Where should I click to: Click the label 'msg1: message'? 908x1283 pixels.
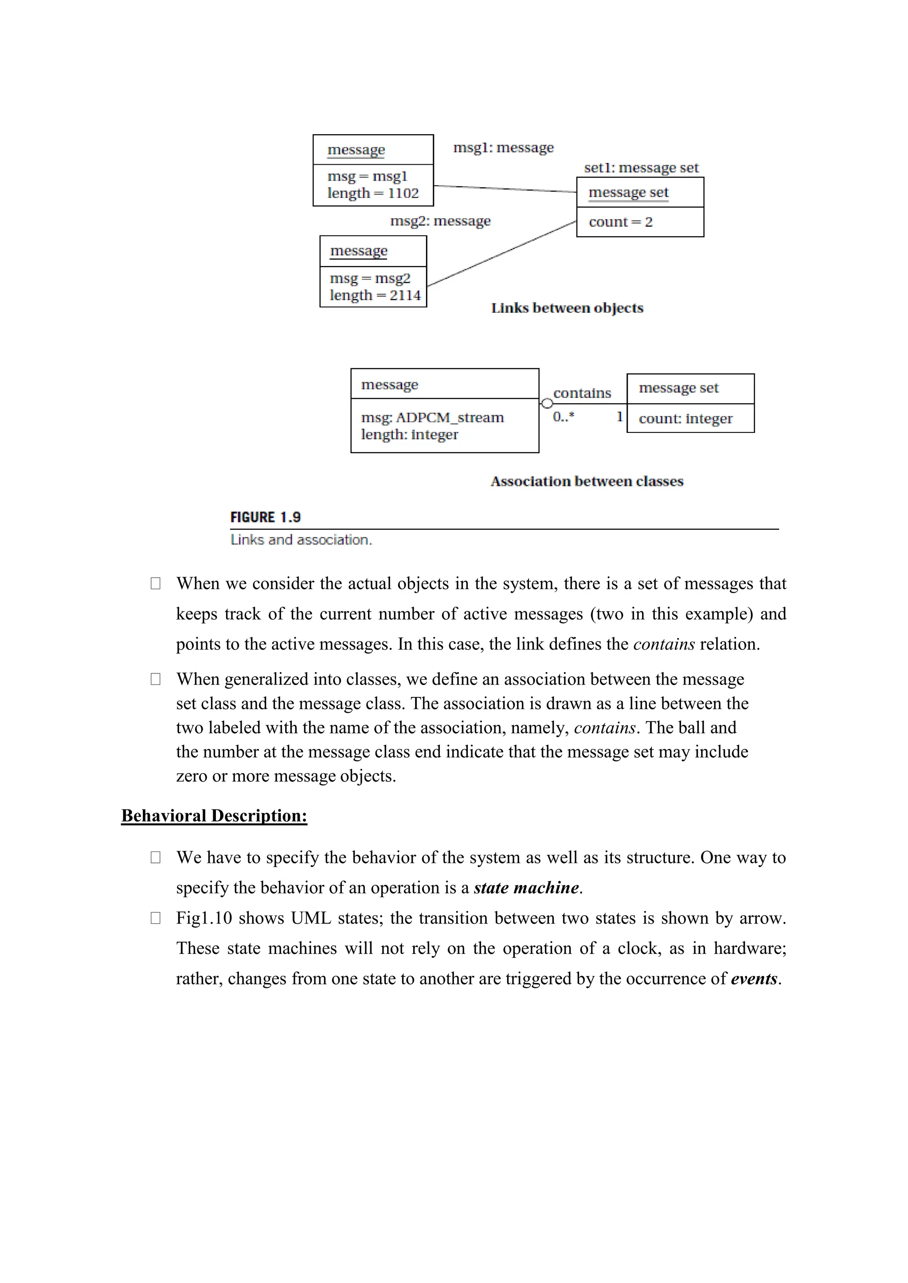[x=503, y=148]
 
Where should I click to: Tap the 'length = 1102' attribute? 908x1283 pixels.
[x=373, y=193]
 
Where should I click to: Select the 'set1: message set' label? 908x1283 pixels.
[x=641, y=167]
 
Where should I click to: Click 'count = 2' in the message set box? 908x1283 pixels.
[x=620, y=222]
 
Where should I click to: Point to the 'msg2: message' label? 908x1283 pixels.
[x=440, y=221]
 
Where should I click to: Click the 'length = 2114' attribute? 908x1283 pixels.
[x=375, y=295]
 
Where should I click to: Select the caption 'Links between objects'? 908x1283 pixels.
[x=567, y=308]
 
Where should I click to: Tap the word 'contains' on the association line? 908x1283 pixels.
[x=582, y=393]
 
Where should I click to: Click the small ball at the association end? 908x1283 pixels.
[x=547, y=403]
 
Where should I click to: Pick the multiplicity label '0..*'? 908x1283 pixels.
[x=563, y=416]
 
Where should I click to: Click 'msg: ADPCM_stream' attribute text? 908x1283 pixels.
[x=432, y=417]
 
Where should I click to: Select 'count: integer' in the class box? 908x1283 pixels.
[x=685, y=419]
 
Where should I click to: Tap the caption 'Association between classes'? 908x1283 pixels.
[x=587, y=481]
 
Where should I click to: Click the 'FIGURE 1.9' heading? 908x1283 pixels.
[x=265, y=517]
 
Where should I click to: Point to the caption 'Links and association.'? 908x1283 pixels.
[x=301, y=540]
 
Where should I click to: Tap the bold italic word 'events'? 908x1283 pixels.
[x=754, y=979]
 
